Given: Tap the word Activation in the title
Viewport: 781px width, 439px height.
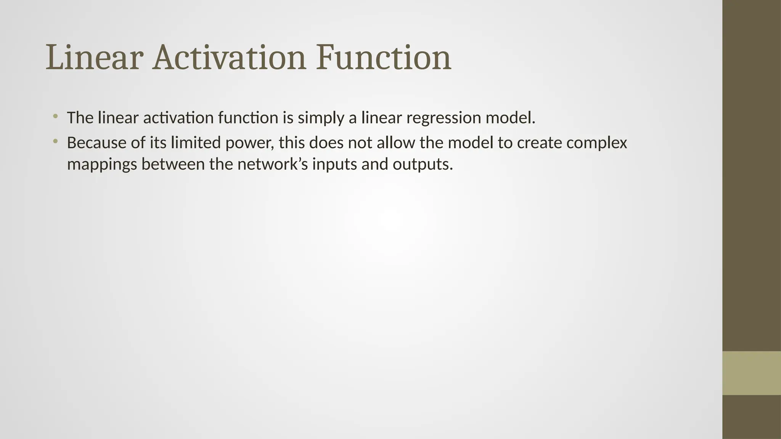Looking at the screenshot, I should [229, 58].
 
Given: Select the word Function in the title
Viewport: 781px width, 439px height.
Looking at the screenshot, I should [384, 58].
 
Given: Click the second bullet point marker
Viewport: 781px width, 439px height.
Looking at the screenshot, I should [55, 141].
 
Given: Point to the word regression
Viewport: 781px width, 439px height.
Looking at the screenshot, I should [443, 118].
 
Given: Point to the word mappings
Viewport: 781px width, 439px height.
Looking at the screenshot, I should [102, 165].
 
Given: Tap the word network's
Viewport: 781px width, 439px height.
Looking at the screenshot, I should [272, 165].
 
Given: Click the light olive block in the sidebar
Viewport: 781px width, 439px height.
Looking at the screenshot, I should [751, 373].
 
